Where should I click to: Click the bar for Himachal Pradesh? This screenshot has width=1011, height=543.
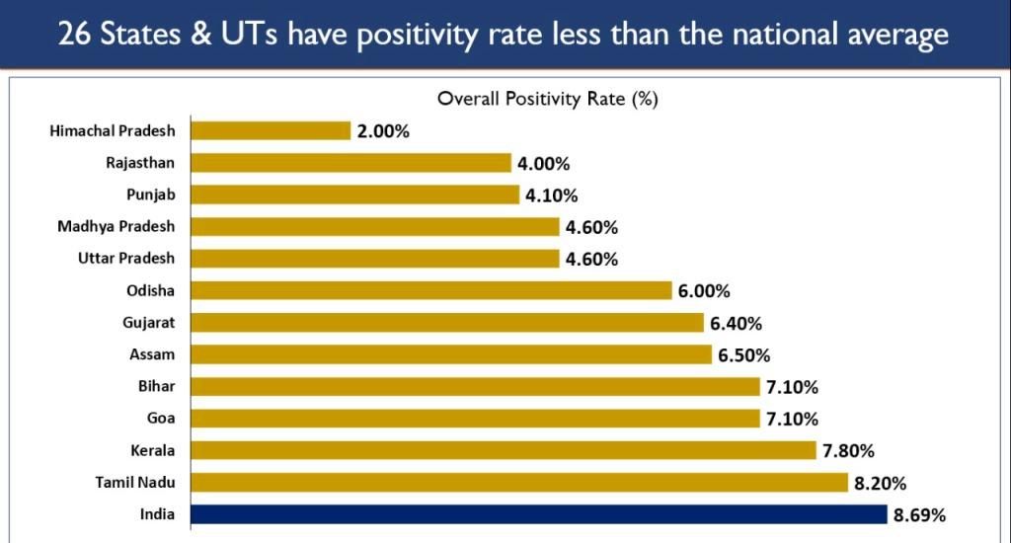(x=271, y=130)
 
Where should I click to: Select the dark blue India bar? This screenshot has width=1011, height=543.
(x=538, y=514)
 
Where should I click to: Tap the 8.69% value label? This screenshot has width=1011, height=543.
(x=920, y=515)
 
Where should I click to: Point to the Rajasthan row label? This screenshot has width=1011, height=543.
(x=140, y=163)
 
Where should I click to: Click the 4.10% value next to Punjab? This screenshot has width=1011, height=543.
(x=553, y=195)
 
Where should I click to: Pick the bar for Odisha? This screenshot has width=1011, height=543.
(x=430, y=290)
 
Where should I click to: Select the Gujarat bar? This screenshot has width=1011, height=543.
(x=446, y=323)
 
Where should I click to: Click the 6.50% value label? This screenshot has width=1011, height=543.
(x=744, y=355)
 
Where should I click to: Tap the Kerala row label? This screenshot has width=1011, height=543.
(x=152, y=450)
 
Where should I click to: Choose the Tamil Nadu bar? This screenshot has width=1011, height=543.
(x=518, y=482)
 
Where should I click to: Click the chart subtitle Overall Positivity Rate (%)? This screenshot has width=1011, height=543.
(x=548, y=99)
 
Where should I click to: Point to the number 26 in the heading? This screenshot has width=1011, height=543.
(x=74, y=36)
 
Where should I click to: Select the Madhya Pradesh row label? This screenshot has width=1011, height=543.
(x=116, y=226)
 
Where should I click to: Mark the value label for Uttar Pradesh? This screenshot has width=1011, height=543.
(x=591, y=260)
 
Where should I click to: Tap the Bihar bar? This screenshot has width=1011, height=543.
(x=474, y=386)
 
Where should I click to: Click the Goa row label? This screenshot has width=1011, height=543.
(x=160, y=419)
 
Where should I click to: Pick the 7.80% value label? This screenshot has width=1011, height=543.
(x=848, y=451)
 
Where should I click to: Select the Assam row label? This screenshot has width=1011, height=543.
(x=152, y=354)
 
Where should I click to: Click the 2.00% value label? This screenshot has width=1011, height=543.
(x=383, y=131)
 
